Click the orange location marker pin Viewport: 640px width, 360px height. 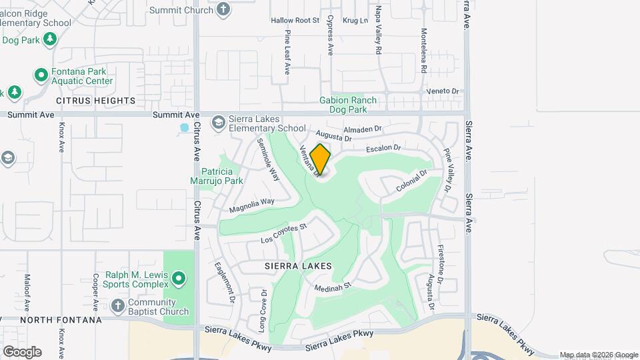(320, 159)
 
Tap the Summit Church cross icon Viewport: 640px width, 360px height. (223, 10)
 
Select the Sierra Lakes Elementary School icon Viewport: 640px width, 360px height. (218, 122)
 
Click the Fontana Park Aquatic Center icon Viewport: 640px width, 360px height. (41, 75)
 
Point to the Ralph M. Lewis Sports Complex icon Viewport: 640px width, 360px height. (178, 277)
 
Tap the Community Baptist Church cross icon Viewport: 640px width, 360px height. (118, 305)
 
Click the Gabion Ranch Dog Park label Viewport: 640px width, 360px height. (348, 105)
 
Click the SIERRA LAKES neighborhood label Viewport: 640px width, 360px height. (298, 265)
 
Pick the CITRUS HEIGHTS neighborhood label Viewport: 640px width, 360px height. (96, 101)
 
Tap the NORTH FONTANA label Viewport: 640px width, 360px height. (61, 320)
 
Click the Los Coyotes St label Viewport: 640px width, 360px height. (283, 233)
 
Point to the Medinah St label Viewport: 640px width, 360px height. (333, 287)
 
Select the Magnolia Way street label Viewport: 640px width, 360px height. (252, 205)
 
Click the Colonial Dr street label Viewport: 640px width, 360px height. (411, 181)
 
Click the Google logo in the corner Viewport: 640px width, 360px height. (22, 351)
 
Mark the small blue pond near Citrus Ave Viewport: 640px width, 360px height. (185, 127)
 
